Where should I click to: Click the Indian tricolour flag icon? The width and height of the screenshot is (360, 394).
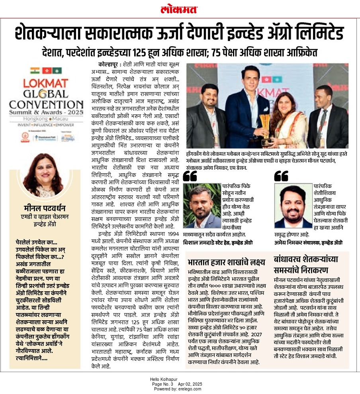[35, 71]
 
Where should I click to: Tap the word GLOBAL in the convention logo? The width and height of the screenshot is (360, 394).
[45, 94]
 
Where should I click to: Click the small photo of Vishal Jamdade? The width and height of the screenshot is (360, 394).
[202, 206]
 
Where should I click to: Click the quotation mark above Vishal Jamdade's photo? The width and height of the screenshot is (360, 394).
[190, 176]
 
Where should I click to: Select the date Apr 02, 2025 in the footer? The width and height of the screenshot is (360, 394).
[190, 384]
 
